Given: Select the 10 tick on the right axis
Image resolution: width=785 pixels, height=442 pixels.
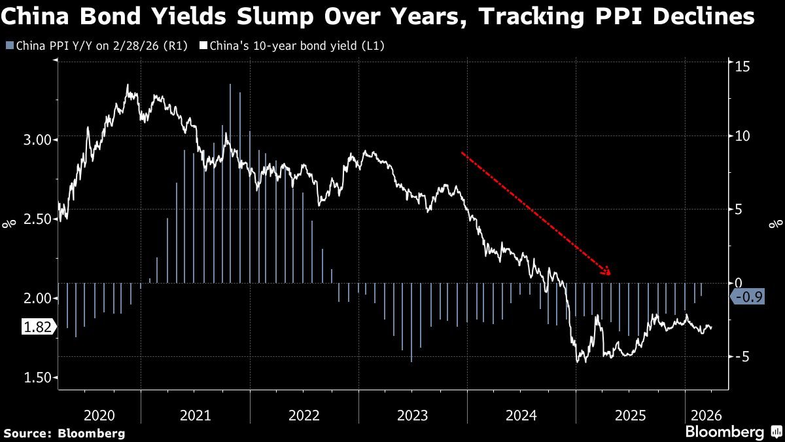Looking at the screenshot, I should (741, 136).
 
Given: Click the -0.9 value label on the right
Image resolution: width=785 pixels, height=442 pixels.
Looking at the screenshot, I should (746, 297).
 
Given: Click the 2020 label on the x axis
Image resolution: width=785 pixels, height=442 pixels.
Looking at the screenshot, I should (99, 415).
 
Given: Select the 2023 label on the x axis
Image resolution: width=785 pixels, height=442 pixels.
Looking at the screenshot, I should (412, 415).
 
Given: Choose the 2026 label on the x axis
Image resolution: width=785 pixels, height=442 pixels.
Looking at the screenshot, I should (706, 415).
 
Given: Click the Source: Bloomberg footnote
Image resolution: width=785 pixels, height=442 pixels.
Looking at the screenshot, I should (64, 433).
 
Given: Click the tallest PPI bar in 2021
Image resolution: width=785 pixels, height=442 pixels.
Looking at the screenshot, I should (230, 183).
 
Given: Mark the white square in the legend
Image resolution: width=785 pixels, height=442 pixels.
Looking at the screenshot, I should (203, 46).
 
